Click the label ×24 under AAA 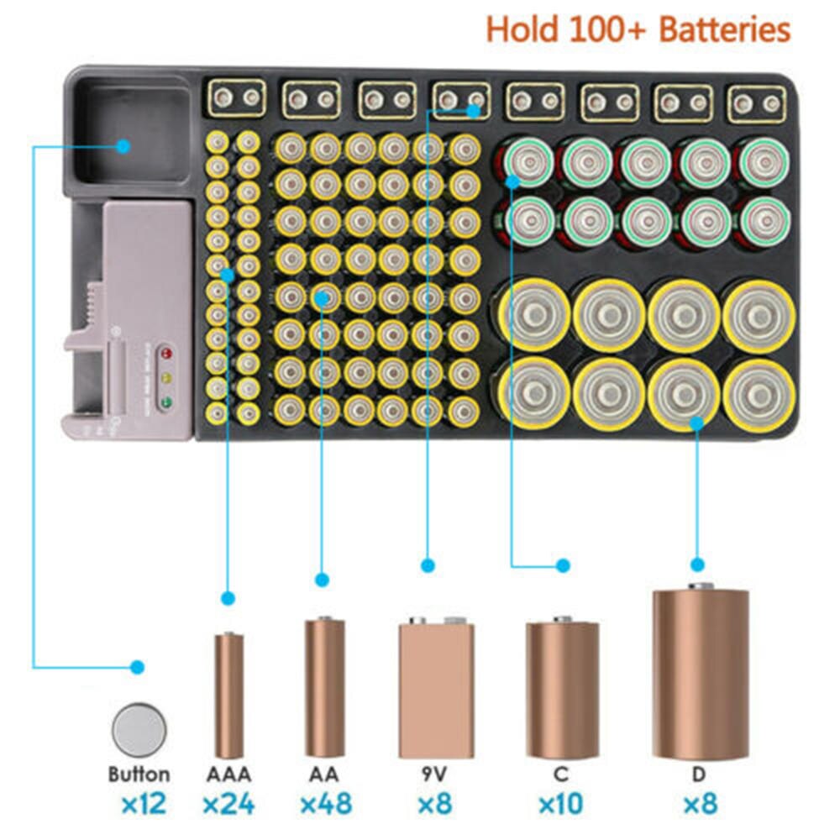228,804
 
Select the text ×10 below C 561,804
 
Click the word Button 138,774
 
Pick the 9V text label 428,774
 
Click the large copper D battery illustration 701,672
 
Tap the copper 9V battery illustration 436,688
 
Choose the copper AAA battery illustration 228,694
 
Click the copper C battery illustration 562,688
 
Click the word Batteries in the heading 724,30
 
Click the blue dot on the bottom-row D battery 696,423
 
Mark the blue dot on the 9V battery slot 475,110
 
